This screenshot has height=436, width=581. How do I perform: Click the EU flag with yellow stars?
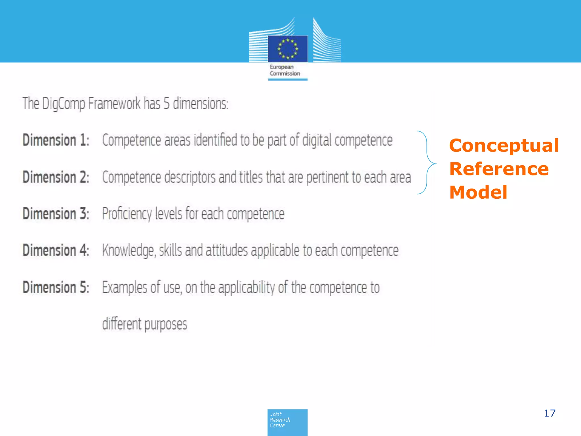click(x=288, y=49)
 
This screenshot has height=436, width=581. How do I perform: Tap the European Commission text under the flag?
click(x=285, y=70)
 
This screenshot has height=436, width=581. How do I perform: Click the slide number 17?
click(x=550, y=413)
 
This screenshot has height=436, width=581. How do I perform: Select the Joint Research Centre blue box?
click(x=287, y=422)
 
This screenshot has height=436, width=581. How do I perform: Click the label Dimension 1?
click(x=56, y=140)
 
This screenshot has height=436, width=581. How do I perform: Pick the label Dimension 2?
click(x=56, y=177)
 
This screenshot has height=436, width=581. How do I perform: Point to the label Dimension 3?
click(x=56, y=214)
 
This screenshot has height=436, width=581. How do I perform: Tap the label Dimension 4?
click(x=56, y=250)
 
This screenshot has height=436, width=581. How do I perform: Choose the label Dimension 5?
click(x=56, y=287)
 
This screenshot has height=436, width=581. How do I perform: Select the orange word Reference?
click(x=499, y=169)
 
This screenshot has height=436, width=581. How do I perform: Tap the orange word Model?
click(x=478, y=192)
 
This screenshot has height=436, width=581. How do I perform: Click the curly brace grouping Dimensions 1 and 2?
click(x=427, y=163)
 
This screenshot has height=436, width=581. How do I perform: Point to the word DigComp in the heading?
click(x=63, y=104)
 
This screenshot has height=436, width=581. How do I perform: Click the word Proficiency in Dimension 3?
click(x=127, y=214)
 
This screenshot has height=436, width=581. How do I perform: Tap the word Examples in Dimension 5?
click(x=125, y=287)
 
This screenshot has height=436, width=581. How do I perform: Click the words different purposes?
click(x=145, y=324)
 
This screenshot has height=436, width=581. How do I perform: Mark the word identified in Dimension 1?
click(x=215, y=140)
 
